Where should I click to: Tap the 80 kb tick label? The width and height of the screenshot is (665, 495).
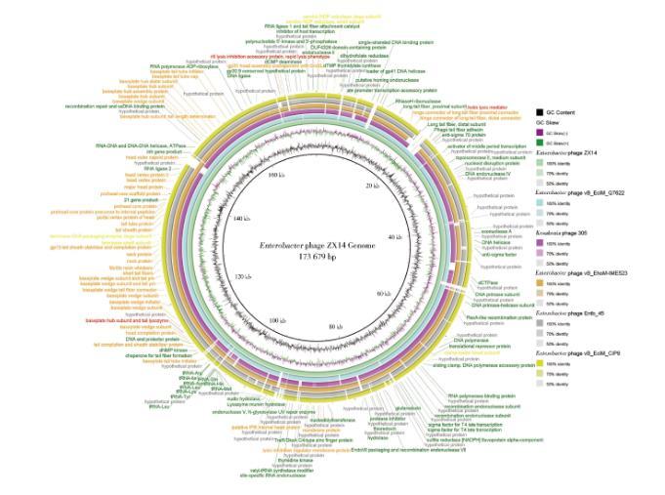(x=338, y=325)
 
